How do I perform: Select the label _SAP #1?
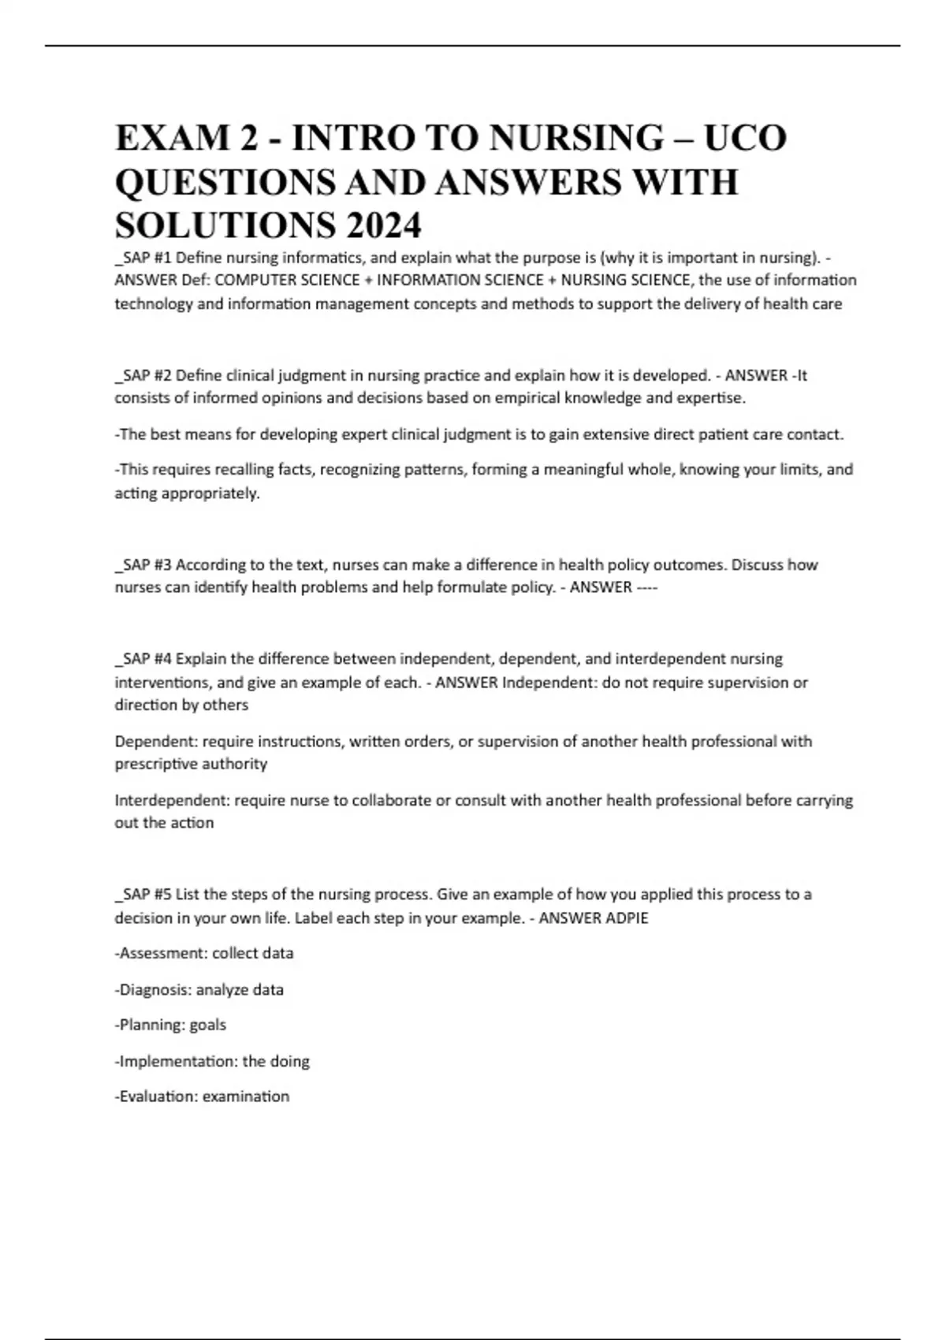point(143,257)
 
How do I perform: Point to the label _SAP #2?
point(143,375)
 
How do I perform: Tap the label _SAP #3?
point(143,564)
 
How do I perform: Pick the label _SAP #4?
point(143,658)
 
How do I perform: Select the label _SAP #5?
point(143,895)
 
